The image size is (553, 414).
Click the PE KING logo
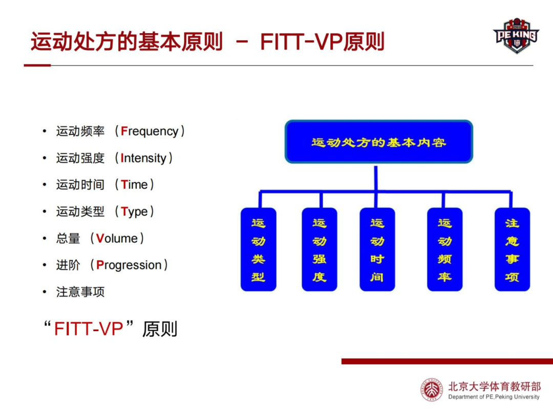516,36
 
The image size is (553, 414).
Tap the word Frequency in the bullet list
150,131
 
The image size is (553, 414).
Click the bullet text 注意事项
80,292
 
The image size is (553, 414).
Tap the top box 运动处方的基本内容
378,142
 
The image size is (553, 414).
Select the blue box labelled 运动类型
258,249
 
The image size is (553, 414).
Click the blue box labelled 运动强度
320,249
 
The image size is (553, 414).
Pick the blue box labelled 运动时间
377,249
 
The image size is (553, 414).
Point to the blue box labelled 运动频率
444,249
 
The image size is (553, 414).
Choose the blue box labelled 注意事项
512,249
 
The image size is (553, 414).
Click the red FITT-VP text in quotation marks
89,329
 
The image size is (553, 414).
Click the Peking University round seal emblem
432,389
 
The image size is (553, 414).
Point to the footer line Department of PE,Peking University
494,397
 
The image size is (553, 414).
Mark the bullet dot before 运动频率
45,131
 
